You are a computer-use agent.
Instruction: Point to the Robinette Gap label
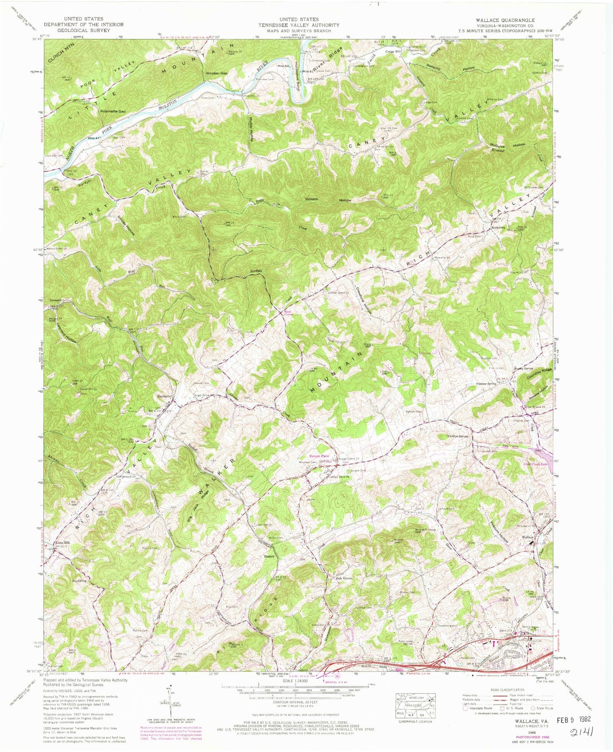(x=113, y=111)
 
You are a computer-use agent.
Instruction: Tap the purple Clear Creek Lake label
(x=535, y=464)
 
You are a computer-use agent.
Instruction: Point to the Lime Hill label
(x=61, y=543)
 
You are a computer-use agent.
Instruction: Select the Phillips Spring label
(x=457, y=436)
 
